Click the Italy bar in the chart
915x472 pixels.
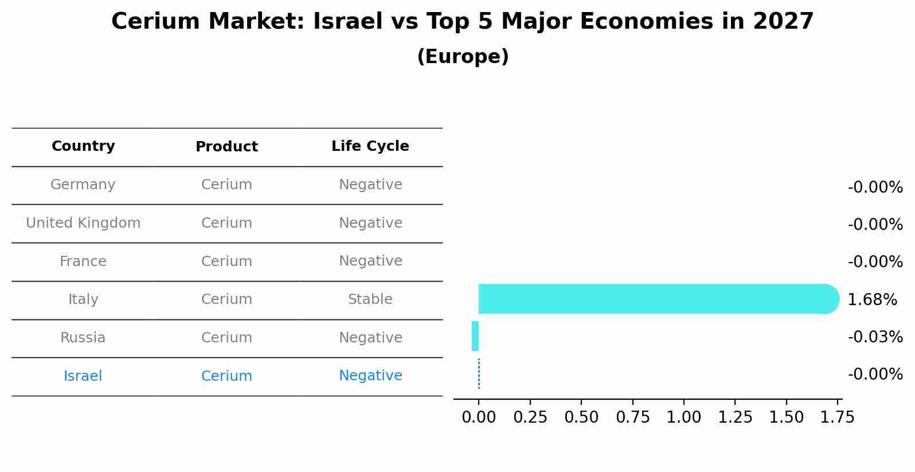point(654,299)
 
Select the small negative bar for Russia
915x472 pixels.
point(475,336)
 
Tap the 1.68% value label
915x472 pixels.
point(872,299)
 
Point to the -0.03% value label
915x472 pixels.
point(875,337)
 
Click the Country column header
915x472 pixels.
point(83,146)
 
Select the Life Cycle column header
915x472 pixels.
point(370,146)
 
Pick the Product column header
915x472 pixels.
point(226,147)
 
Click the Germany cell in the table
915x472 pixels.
point(83,185)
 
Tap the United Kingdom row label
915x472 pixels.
point(83,223)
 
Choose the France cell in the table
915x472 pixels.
point(83,262)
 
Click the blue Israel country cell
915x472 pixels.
point(83,376)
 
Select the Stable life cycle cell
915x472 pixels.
point(370,299)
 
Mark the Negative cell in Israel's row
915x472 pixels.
point(370,376)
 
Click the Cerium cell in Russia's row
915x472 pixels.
point(226,338)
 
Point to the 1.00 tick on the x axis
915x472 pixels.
point(684,417)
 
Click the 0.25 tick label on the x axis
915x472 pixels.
point(530,417)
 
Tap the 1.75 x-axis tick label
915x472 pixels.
point(838,417)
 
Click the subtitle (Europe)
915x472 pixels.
point(463,57)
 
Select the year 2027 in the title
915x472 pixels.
point(783,22)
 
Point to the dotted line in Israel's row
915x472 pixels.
point(479,374)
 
